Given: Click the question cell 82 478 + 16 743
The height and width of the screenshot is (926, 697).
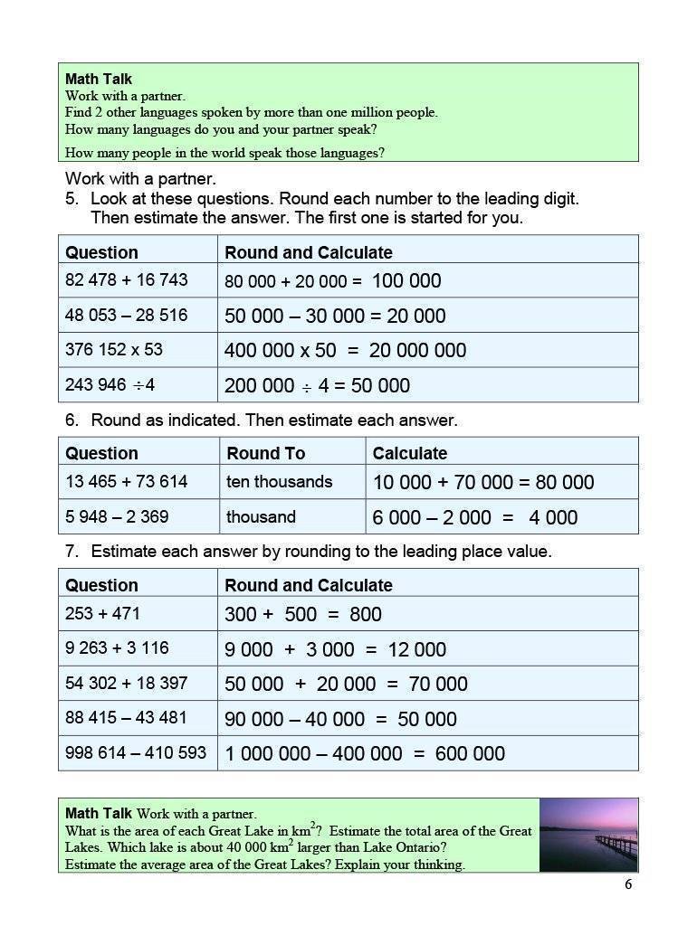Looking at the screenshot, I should [127, 280].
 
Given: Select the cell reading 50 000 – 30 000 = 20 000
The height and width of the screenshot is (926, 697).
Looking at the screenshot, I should [335, 316].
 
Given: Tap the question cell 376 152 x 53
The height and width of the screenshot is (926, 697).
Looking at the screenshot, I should [114, 350].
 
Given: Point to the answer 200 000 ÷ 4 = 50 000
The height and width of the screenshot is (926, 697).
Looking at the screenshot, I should [317, 385].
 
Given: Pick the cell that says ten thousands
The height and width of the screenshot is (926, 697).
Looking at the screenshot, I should [279, 482].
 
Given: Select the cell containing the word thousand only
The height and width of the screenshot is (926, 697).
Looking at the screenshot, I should [261, 517].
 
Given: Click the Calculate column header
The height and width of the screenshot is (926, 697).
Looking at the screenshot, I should [409, 453].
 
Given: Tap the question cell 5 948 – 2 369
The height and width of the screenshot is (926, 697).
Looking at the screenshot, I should [117, 517].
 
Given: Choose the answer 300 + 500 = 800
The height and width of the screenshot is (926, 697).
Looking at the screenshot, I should [302, 614].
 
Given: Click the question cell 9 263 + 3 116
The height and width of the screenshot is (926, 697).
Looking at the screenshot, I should [117, 648].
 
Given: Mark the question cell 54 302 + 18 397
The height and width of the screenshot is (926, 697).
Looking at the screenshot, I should [127, 683].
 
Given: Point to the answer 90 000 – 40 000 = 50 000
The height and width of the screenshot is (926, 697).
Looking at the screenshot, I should [340, 719].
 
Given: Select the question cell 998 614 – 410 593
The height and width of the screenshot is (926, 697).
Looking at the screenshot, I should [136, 752].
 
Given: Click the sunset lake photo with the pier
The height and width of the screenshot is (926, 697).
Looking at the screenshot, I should [588, 835].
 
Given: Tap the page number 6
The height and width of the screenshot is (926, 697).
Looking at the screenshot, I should [628, 884].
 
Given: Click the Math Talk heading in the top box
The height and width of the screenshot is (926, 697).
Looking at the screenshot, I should [98, 80].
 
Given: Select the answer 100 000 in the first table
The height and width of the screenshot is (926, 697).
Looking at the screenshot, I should [406, 280].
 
